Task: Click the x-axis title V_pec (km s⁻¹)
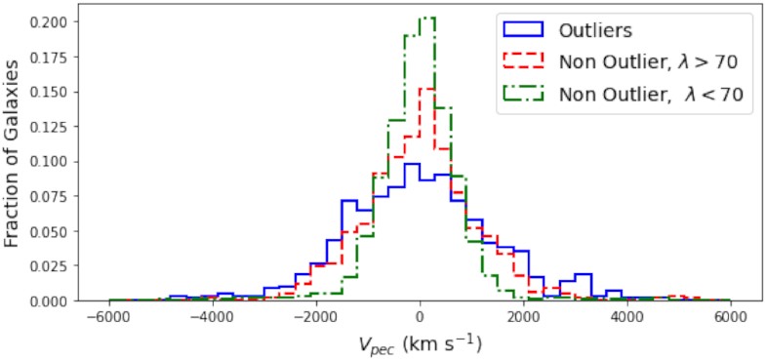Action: tap(419, 344)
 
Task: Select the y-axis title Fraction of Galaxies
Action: tap(14, 161)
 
